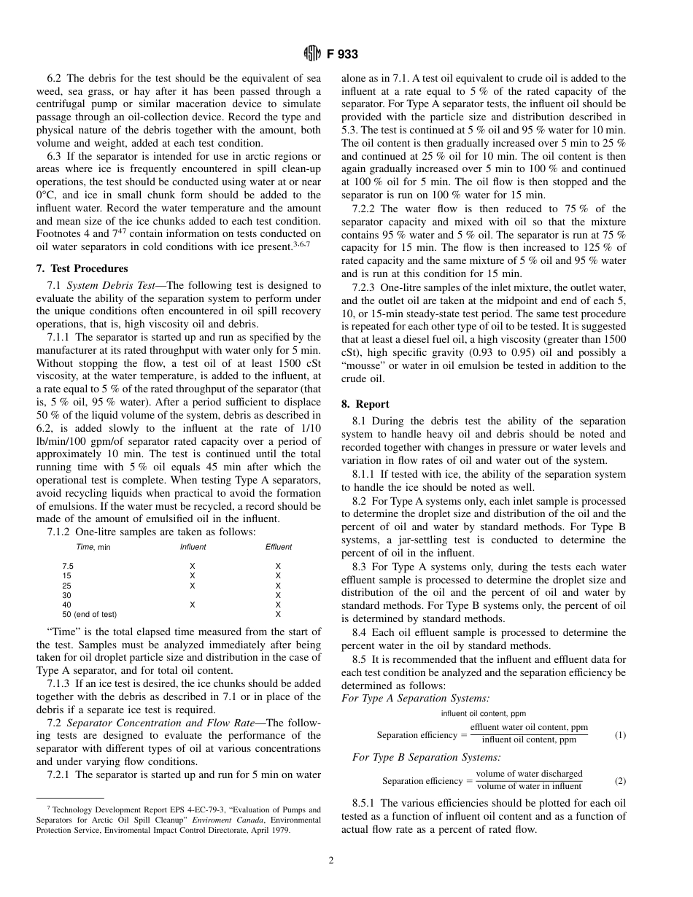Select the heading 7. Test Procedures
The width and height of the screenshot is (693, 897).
[82, 268]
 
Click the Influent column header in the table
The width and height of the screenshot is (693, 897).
[193, 547]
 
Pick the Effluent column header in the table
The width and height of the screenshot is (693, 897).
[278, 547]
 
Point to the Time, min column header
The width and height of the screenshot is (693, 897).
[93, 547]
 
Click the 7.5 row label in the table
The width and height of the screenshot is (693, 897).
[68, 567]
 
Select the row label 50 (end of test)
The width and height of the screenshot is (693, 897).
[90, 614]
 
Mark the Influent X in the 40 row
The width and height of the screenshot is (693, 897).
[193, 605]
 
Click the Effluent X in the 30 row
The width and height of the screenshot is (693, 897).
[278, 595]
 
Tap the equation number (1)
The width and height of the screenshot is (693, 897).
[619, 735]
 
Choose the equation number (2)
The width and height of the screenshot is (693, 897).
[619, 781]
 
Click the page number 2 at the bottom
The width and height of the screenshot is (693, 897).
[331, 861]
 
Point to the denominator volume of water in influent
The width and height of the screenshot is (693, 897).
[529, 786]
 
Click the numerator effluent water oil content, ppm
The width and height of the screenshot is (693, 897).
[529, 728]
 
